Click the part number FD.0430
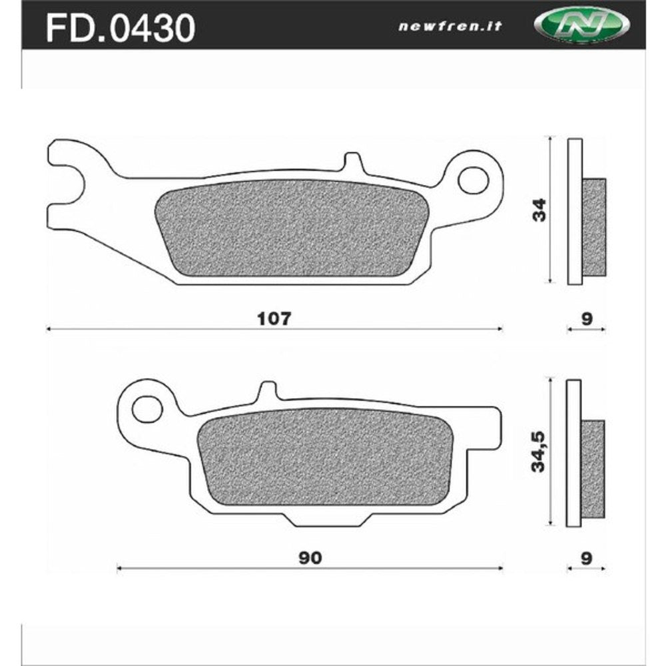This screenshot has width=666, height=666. click(120, 28)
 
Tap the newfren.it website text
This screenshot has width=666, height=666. click(450, 27)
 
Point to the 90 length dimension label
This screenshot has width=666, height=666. click(310, 558)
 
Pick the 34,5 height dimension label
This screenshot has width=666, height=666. click(538, 452)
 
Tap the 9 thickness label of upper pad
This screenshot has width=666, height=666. click(586, 318)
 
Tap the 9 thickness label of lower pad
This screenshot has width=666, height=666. click(586, 558)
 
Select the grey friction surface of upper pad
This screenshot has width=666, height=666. click(286, 228)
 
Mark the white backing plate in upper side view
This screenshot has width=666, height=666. click(575, 210)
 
